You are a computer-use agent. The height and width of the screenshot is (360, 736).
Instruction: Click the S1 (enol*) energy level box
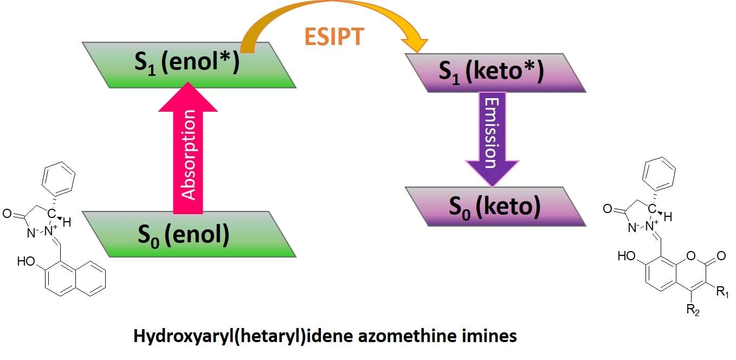point(190,65)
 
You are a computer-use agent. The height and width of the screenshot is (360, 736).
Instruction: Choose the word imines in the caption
point(491,337)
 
